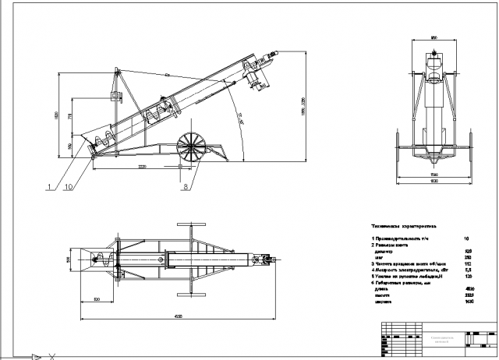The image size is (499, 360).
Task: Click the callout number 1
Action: [x=49, y=187]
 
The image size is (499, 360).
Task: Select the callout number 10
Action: [x=70, y=187]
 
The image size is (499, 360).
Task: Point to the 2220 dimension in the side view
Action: [x=142, y=166]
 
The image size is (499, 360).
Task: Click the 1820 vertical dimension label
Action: [x=56, y=115]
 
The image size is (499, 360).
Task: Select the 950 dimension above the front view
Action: [x=433, y=37]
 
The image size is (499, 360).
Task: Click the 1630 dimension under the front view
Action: [x=434, y=180]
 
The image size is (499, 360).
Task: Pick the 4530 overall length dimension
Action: [x=179, y=316]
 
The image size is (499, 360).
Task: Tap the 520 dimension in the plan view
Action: [x=97, y=298]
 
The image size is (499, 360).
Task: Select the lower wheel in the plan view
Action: [x=190, y=293]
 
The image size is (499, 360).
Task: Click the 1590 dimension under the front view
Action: [x=434, y=173]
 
